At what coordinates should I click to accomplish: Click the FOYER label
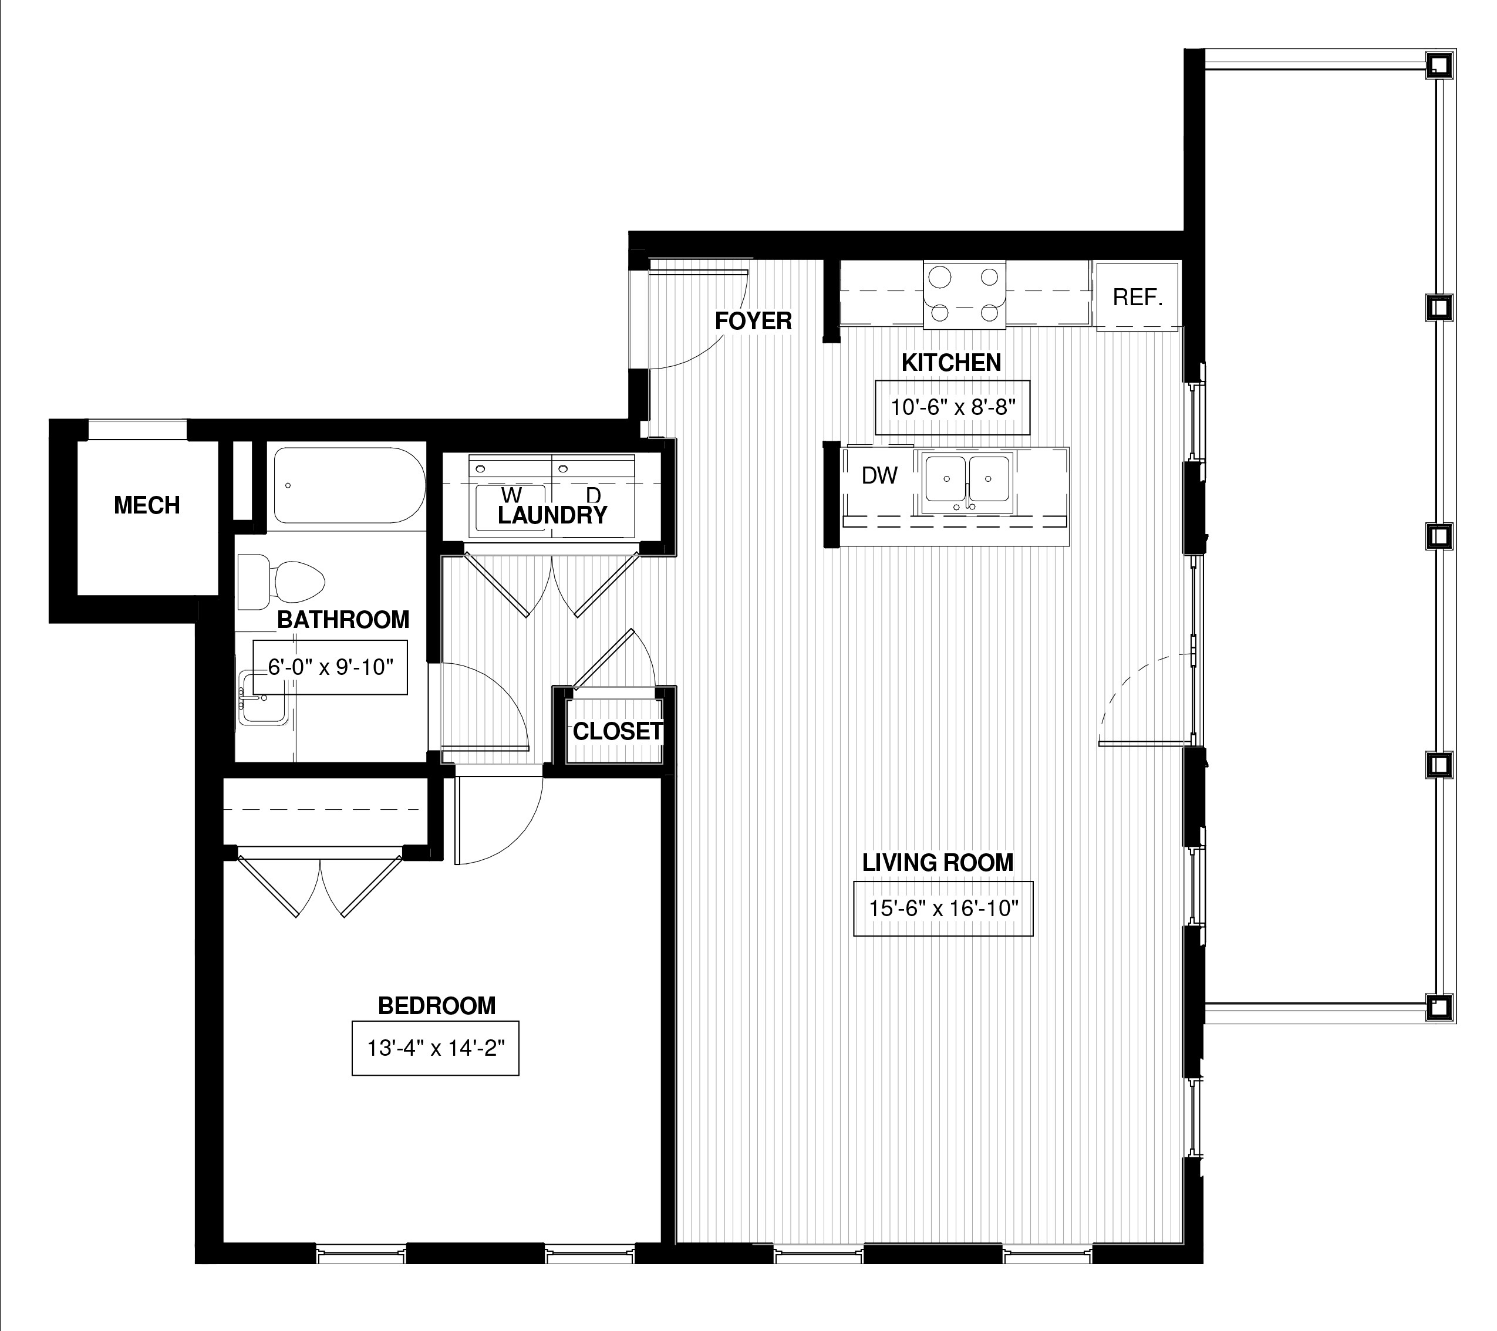click(x=753, y=320)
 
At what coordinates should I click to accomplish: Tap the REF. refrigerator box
click(x=1137, y=296)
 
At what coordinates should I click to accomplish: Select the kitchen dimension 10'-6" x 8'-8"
click(x=952, y=407)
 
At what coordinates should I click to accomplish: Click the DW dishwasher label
click(x=879, y=475)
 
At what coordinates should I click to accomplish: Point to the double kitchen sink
click(x=967, y=482)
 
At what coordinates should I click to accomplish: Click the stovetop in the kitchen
click(x=965, y=295)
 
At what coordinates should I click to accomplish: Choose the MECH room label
click(x=147, y=505)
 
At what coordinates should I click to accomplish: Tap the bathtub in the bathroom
click(x=349, y=485)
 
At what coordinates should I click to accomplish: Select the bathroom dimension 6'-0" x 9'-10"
click(x=331, y=667)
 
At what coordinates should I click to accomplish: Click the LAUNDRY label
click(x=552, y=515)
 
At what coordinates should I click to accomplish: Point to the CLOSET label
click(x=618, y=731)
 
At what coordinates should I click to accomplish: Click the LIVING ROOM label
click(x=938, y=863)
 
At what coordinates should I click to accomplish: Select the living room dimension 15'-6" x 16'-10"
click(x=943, y=908)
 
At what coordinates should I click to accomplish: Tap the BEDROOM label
click(x=437, y=1006)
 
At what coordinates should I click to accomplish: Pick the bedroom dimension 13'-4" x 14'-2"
click(x=436, y=1048)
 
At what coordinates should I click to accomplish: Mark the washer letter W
click(x=512, y=496)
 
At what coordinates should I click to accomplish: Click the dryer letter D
click(x=594, y=496)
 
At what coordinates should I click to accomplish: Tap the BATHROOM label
click(x=343, y=620)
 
